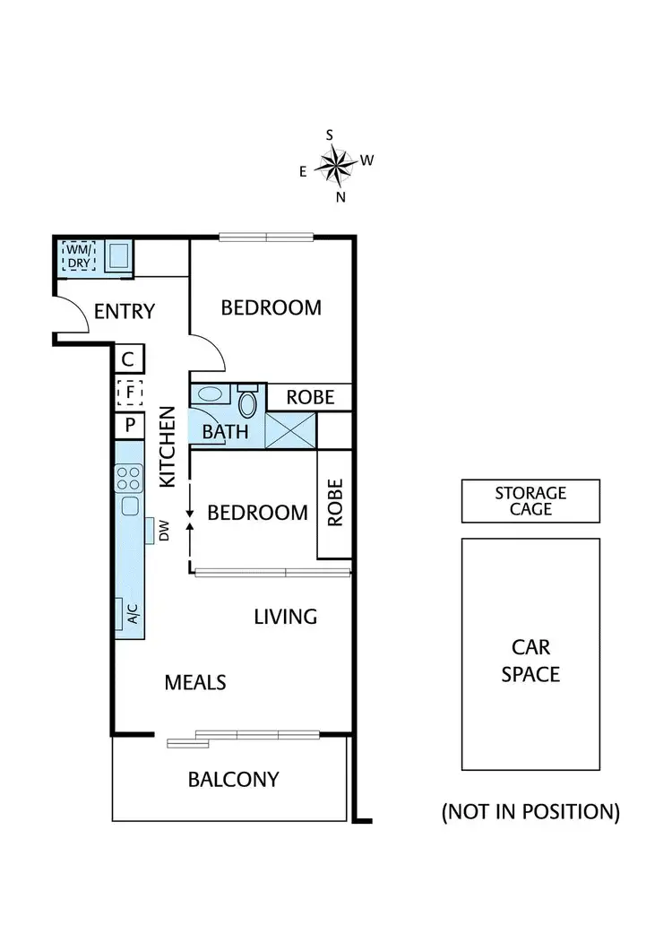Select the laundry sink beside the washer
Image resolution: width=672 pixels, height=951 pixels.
click(118, 257)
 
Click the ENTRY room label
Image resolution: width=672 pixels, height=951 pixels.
click(125, 312)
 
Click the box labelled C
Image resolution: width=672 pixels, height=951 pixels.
click(128, 360)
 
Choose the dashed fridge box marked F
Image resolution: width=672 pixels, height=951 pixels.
click(129, 392)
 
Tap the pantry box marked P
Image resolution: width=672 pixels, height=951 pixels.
click(129, 425)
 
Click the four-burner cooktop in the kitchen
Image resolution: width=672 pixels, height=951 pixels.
click(129, 476)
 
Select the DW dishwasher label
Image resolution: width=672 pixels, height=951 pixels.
click(164, 532)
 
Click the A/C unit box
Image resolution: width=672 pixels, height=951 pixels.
click(131, 614)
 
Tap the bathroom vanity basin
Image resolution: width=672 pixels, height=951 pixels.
click(211, 393)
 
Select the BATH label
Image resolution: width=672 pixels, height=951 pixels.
click(224, 431)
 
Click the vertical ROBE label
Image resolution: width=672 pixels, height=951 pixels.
click(335, 502)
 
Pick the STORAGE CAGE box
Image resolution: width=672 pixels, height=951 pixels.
click(530, 501)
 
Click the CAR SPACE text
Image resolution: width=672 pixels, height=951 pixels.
click(530, 660)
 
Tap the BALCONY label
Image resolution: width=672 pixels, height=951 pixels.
click(233, 779)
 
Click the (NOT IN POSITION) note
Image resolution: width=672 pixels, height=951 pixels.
click(530, 812)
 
